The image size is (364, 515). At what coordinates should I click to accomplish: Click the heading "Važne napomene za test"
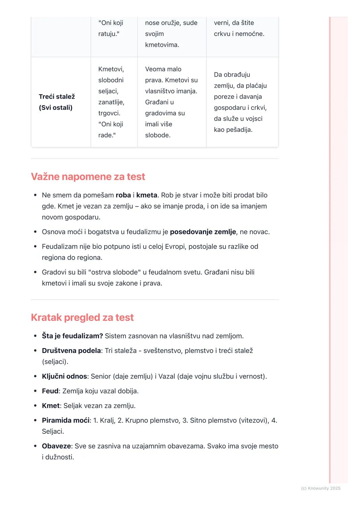point(88,177)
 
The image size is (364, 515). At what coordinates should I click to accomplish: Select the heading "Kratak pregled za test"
point(82,317)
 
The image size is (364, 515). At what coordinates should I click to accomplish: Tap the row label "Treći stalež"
point(57,97)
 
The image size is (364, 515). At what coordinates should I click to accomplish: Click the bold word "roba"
point(123,195)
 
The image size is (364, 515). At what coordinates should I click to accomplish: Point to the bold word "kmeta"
point(147,195)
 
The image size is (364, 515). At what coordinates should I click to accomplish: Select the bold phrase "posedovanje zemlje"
point(203,232)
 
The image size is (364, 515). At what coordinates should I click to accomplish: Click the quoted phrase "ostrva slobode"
point(114,272)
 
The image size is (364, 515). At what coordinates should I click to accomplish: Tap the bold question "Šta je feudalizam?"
point(72,336)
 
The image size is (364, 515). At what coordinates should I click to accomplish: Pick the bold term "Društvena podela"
point(71,351)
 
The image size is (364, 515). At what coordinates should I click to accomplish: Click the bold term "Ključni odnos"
point(64,376)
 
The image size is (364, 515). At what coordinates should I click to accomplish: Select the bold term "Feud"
point(50,391)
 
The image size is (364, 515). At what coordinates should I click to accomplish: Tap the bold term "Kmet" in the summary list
point(51,406)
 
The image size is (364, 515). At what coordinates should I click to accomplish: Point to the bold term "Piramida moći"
point(66,420)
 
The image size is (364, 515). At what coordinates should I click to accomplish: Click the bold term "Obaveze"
point(56,446)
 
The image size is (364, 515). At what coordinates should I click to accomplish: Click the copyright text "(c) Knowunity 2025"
point(321,488)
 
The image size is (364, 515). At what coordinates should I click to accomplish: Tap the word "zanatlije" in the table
point(111,102)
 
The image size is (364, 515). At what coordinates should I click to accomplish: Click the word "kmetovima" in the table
point(162,45)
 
